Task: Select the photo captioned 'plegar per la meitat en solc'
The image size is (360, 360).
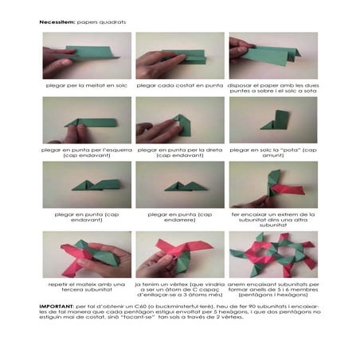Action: click(x=87, y=57)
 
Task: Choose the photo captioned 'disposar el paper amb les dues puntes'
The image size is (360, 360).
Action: click(x=273, y=57)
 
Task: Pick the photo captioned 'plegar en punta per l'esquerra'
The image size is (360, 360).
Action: click(x=87, y=121)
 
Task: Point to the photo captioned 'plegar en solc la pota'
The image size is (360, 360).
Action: click(x=273, y=121)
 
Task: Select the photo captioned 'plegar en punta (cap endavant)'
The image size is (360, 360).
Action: click(x=87, y=186)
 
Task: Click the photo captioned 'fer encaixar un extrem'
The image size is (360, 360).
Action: click(x=273, y=186)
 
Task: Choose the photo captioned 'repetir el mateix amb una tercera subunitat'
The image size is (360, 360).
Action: click(x=87, y=254)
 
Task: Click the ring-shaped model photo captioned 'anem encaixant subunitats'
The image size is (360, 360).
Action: click(x=273, y=254)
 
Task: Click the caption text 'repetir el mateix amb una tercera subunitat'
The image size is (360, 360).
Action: click(x=87, y=286)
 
